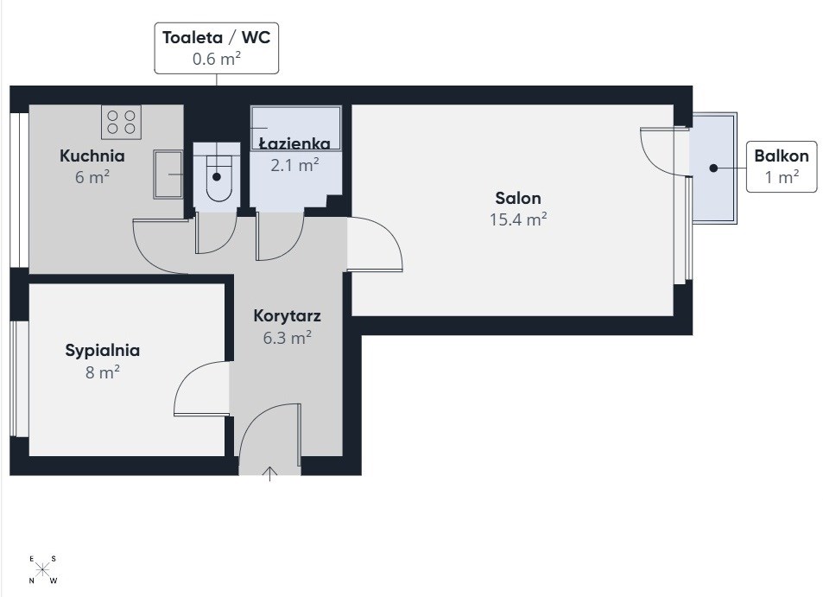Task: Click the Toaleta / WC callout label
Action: point(216,48)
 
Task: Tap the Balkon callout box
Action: point(782,167)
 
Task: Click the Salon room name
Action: point(518,198)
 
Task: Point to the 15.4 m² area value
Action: point(518,219)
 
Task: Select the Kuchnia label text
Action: point(92,156)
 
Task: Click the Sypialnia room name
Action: point(103,351)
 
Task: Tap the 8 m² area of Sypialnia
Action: point(103,372)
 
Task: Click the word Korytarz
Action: point(287,316)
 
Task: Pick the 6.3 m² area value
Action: point(287,338)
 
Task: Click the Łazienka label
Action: point(295,143)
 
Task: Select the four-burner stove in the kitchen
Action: point(121,122)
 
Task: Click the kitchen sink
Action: point(168,175)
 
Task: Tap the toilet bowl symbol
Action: point(218,178)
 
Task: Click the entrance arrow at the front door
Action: point(269,473)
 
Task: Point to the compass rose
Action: point(42,568)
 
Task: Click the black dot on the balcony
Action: point(713,168)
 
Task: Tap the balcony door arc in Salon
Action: point(653,157)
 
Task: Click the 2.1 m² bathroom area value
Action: point(295,165)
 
